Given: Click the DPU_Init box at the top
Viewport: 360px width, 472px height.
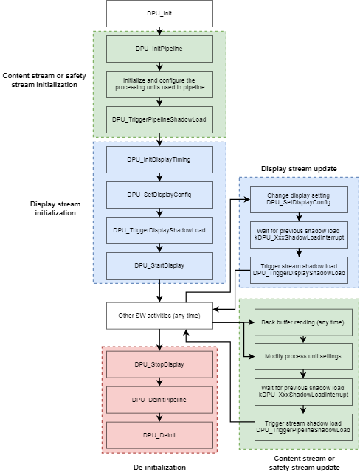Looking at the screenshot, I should coord(159,13).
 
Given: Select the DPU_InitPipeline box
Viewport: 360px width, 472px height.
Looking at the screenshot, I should coord(159,49).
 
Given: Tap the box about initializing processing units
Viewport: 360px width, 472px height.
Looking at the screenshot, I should coord(159,83).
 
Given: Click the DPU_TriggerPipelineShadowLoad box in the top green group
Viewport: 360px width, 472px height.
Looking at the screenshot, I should coord(159,119).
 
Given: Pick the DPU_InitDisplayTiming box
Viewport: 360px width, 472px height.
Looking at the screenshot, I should coord(159,159).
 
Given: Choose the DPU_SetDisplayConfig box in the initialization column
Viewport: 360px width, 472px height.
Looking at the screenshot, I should coord(159,195).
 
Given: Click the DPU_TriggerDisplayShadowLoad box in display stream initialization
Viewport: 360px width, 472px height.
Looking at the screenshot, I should coord(159,229).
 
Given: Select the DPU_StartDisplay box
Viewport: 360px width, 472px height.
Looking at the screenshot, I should coord(159,265).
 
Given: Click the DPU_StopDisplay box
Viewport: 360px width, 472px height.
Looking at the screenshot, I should coord(159,364).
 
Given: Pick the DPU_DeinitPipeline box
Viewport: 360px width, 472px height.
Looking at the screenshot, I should coord(159,399).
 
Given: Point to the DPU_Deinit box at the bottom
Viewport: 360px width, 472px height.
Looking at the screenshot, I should coord(159,435).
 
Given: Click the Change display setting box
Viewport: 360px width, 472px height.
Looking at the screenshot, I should coord(298,198).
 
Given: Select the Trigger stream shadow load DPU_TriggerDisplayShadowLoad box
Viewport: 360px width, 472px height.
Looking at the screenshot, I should coord(298,268).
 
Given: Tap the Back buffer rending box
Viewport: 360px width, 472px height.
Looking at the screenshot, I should coord(303,322).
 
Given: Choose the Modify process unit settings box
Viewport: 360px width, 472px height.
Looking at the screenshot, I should coord(303,356).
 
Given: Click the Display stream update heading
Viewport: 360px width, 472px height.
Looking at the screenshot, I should coord(299,168).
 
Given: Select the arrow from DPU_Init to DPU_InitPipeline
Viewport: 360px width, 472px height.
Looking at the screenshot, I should coord(159,30).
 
